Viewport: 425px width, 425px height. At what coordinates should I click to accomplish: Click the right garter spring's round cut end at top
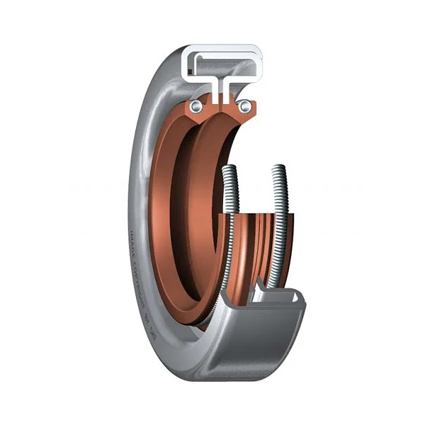pyautogui.click(x=244, y=106)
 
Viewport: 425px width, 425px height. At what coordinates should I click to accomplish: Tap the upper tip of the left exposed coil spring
pyautogui.click(x=229, y=169)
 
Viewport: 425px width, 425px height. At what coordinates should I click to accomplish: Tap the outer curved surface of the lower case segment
pyautogui.click(x=248, y=347)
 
